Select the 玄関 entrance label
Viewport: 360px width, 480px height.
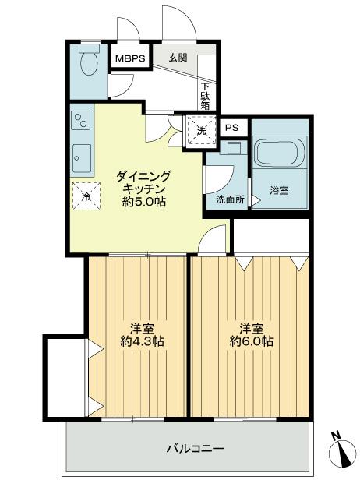coord(178,58)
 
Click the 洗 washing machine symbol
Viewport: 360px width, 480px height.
coord(202,130)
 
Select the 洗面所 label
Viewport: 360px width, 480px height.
coord(230,199)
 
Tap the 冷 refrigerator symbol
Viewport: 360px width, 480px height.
coord(86,196)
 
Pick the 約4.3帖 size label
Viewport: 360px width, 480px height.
coord(141,341)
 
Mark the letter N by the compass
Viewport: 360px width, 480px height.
coord(335,436)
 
